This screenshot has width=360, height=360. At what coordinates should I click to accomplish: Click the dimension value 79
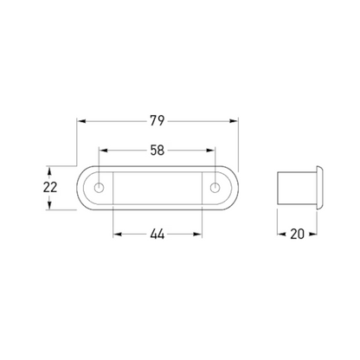point(157,121)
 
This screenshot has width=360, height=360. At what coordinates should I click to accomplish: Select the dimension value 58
point(157,151)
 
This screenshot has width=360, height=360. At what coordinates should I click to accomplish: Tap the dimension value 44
point(157,235)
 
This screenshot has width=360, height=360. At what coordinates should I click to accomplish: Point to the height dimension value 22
point(50,188)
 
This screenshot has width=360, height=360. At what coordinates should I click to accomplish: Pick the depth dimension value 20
point(297,234)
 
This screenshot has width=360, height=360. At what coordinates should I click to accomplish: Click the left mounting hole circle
point(99,188)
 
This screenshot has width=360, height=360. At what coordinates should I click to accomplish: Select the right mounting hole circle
point(215,188)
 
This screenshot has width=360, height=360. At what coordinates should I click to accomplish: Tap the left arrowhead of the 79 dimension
point(82,121)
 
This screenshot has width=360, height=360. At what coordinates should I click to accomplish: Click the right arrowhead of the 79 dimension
point(233,121)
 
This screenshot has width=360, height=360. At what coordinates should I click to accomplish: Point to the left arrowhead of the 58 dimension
point(103,151)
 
